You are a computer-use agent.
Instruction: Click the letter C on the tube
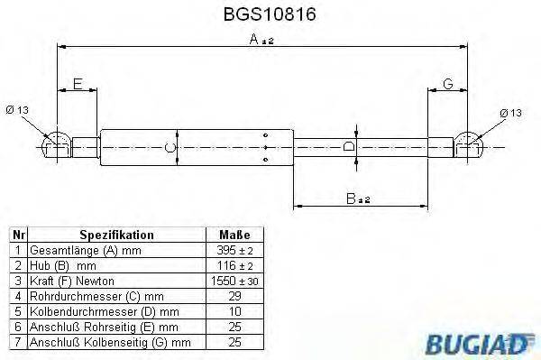[168, 146]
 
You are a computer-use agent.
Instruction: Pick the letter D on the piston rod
[351, 145]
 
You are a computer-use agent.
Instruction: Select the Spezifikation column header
[116, 234]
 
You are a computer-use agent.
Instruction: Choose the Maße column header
[233, 234]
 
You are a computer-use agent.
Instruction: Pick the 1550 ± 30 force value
[233, 281]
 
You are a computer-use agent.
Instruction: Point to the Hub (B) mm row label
[63, 265]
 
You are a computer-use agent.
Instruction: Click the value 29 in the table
[233, 296]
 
